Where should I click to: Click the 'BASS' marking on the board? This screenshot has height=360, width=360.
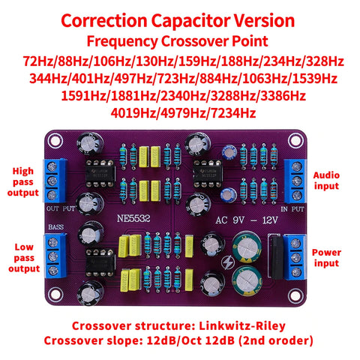coord(57,226)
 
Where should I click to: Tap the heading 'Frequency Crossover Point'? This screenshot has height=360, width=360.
coord(180,40)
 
